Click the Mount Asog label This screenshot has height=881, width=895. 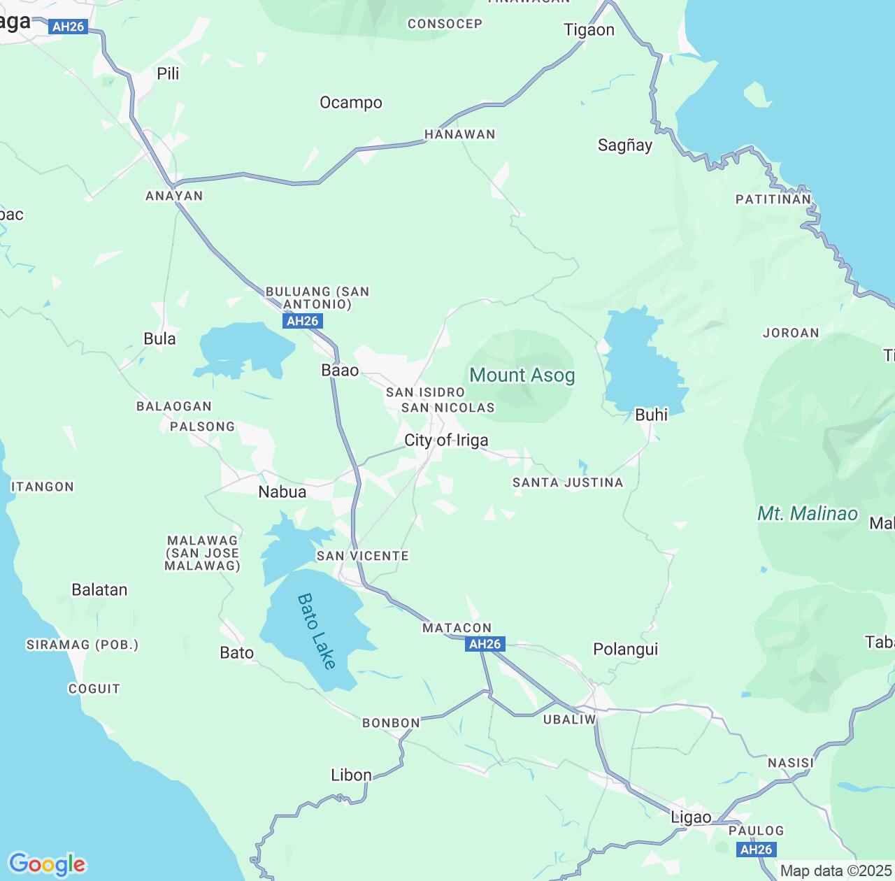coord(522,375)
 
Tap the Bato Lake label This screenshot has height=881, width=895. coord(317,631)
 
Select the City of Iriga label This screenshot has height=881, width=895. coord(446,440)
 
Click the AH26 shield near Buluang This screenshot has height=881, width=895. coord(303,322)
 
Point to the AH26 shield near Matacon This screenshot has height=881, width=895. coord(485,645)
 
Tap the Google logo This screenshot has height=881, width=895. coord(47,864)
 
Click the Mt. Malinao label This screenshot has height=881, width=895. coord(807,514)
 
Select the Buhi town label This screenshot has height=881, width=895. coord(651,415)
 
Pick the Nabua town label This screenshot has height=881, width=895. coord(282,492)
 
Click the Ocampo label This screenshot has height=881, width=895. coord(351,103)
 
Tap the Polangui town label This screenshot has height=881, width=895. coord(625,650)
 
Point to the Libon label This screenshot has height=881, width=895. coord(351,775)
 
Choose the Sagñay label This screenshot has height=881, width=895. coord(625,145)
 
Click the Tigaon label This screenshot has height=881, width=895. coord(589,30)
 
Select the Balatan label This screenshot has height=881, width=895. coord(99,590)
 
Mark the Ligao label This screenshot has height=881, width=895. coord(691,817)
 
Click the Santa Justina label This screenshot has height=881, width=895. coord(567,483)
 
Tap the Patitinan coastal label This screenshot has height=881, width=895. coord(773,200)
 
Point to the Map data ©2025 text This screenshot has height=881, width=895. coord(836,871)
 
